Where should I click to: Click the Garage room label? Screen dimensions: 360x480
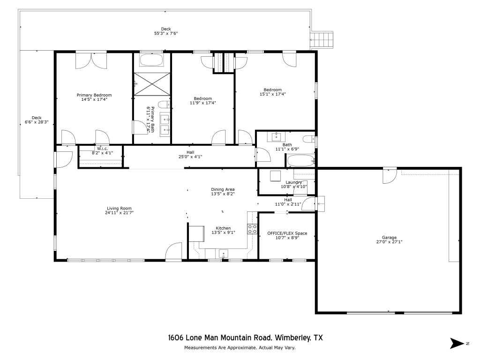[x=389, y=238]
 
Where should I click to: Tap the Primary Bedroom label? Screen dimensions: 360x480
[x=94, y=95]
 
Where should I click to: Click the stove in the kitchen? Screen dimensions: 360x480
[x=252, y=229]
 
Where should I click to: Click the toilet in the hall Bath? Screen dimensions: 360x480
[x=309, y=139]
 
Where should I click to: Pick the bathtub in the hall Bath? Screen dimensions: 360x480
[x=300, y=161]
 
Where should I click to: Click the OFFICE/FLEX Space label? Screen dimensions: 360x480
[x=287, y=233]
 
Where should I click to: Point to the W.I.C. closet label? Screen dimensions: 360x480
[x=102, y=149]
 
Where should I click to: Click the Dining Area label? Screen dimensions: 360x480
[x=223, y=189]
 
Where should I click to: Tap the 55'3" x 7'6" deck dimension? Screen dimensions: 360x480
[x=166, y=33]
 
